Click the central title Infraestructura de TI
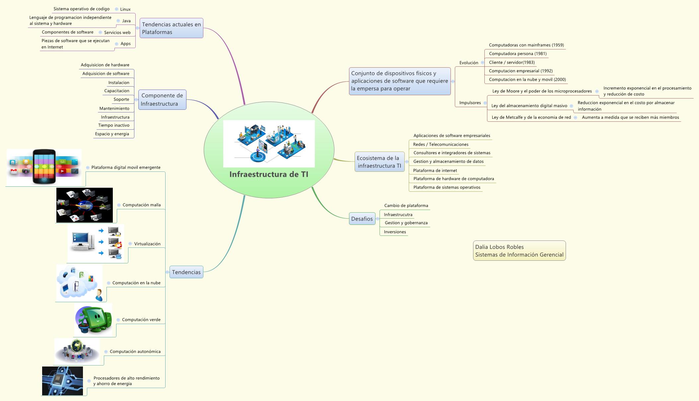(269, 174)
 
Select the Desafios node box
(362, 219)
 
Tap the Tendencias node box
(186, 272)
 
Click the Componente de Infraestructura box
(162, 100)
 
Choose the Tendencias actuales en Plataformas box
(171, 28)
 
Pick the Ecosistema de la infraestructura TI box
(379, 162)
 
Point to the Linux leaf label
(125, 9)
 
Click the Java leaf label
(126, 21)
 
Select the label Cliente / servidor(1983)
(512, 62)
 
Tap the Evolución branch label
(468, 63)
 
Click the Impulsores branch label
(470, 103)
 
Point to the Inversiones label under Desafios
(395, 232)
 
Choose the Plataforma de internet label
(435, 170)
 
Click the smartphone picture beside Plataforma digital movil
(44, 167)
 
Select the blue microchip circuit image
(62, 381)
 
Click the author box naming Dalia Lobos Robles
(519, 251)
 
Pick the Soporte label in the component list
(121, 100)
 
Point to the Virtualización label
(147, 244)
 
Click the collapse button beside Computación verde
(118, 320)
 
